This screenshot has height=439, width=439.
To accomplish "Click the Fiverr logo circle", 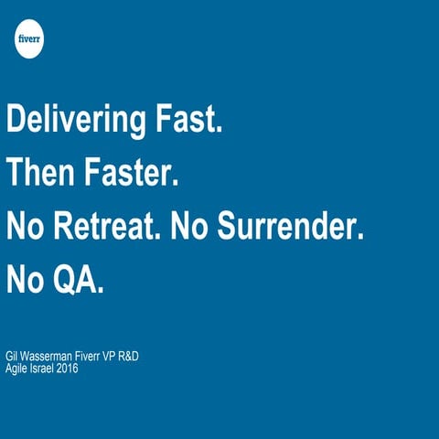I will tap(29, 41).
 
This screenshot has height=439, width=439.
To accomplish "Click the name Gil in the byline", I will tap(13, 355).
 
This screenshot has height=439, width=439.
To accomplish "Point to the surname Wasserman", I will tap(52, 355).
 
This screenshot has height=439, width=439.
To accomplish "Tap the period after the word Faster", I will tap(174, 183).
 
